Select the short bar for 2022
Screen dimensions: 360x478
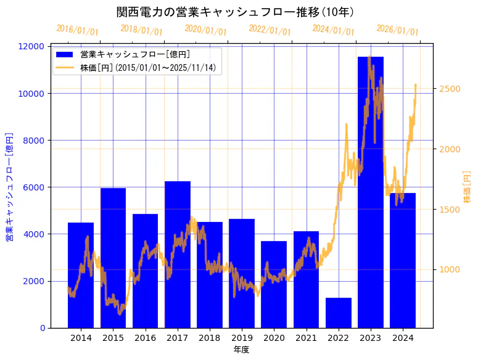(339, 313)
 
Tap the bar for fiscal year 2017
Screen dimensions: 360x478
(178, 259)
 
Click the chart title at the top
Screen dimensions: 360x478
(235, 12)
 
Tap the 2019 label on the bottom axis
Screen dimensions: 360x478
(242, 338)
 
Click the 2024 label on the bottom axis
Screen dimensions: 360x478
(403, 338)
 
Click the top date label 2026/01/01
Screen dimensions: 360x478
(397, 30)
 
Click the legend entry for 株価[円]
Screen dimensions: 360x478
(147, 67)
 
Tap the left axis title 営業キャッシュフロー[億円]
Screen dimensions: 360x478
(9, 187)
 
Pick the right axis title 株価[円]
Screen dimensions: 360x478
(467, 187)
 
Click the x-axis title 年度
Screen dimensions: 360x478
(241, 350)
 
